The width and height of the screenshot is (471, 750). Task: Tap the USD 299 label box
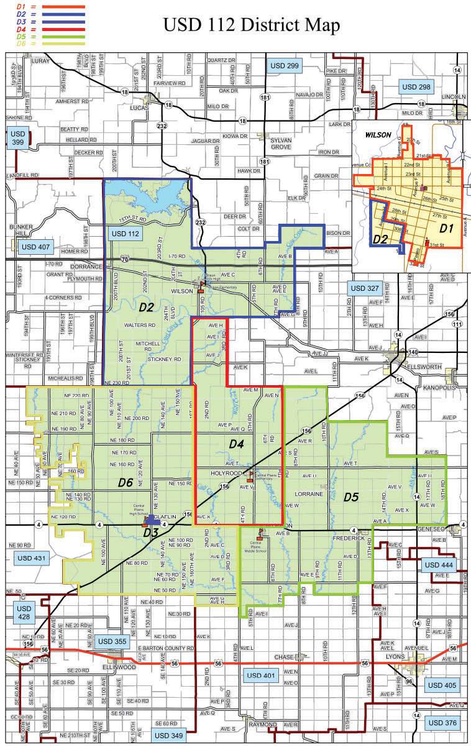[284, 65]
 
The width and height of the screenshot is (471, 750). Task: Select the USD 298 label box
[417, 86]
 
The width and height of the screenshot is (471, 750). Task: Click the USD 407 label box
[35, 247]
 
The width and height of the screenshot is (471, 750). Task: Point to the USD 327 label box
[364, 288]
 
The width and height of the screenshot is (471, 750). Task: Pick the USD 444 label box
[439, 564]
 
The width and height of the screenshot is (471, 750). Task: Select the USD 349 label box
[168, 736]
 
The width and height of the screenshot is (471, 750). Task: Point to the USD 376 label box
[442, 723]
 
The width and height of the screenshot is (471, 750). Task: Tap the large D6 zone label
[126, 482]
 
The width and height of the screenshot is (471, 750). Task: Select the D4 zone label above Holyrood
[237, 444]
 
